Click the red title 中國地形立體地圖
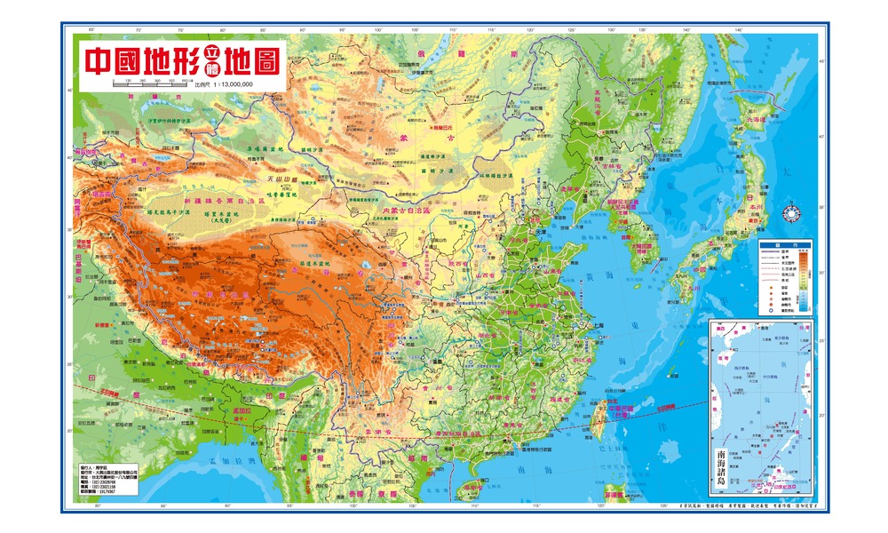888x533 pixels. click(182, 60)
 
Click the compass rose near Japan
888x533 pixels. click(789, 213)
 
